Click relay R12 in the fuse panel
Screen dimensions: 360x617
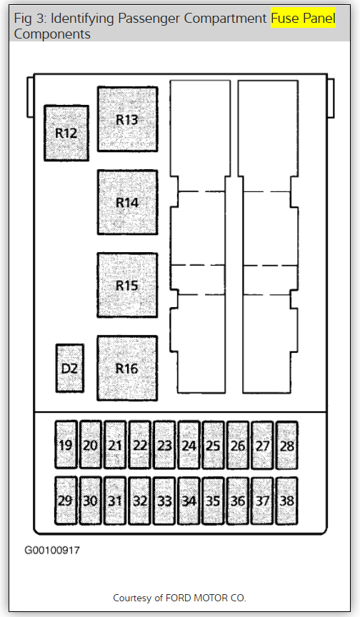coord(66,133)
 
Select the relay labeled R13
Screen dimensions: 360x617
coord(127,119)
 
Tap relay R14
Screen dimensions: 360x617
coord(127,202)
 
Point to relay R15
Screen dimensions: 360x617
coord(127,285)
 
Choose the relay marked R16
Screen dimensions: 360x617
coord(127,368)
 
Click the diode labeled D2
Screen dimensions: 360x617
coord(69,368)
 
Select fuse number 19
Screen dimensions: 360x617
coord(66,445)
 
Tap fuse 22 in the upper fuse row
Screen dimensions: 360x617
coord(140,445)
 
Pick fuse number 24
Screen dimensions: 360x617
coord(189,445)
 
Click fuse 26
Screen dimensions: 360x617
coord(238,445)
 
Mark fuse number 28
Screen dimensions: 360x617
coord(287,445)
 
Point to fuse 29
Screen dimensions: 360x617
coord(66,501)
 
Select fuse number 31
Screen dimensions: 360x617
coord(115,501)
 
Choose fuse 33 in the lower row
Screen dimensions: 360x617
coord(164,501)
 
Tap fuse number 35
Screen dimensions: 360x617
coord(214,501)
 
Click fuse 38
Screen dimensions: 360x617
coord(287,501)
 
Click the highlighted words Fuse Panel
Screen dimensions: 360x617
coord(303,18)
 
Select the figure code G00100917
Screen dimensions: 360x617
coord(52,550)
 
